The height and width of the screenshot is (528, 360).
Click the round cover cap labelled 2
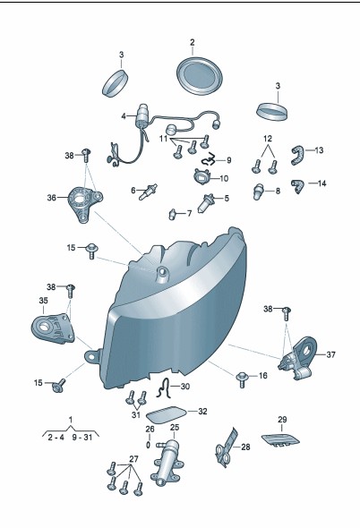[x=199, y=76]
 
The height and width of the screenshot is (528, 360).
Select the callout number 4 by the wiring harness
[x=124, y=116]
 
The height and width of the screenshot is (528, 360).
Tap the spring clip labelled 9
[x=210, y=158]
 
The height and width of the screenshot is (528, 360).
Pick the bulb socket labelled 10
[x=201, y=176]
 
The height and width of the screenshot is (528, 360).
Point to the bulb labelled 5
[x=206, y=203]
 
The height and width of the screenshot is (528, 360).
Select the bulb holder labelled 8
[x=259, y=192]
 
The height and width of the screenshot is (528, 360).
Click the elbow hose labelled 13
[x=297, y=156]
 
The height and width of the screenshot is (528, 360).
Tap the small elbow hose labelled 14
[x=297, y=186]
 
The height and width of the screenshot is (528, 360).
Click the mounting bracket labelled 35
[x=53, y=328]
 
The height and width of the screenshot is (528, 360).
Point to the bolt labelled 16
[x=243, y=379]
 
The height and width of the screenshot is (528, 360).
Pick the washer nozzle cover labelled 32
[x=167, y=414]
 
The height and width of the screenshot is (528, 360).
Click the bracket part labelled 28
[x=225, y=447]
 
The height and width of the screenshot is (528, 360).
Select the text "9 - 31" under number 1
[x=81, y=438]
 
